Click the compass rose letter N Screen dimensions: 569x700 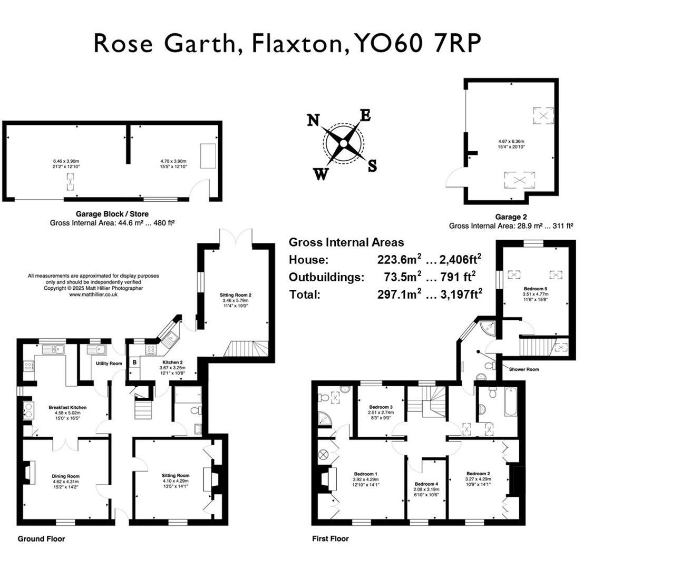(x=313, y=121)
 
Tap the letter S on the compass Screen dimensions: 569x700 (x=372, y=166)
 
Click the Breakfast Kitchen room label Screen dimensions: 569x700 (x=67, y=407)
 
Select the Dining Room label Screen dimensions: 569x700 (x=66, y=476)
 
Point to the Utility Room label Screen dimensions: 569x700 (x=109, y=364)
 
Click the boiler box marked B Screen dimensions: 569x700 (x=134, y=362)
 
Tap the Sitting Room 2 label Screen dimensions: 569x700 (x=235, y=295)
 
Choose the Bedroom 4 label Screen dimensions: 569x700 (x=426, y=484)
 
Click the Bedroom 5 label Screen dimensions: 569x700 (x=535, y=289)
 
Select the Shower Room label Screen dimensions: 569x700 (x=523, y=369)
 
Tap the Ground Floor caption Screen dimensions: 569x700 (x=41, y=538)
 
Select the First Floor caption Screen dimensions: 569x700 (x=330, y=538)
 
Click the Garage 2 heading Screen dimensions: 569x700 (x=511, y=217)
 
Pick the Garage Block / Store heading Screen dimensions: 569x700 (x=112, y=214)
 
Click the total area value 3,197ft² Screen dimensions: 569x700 (x=456, y=294)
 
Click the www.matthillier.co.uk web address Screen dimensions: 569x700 (x=93, y=295)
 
